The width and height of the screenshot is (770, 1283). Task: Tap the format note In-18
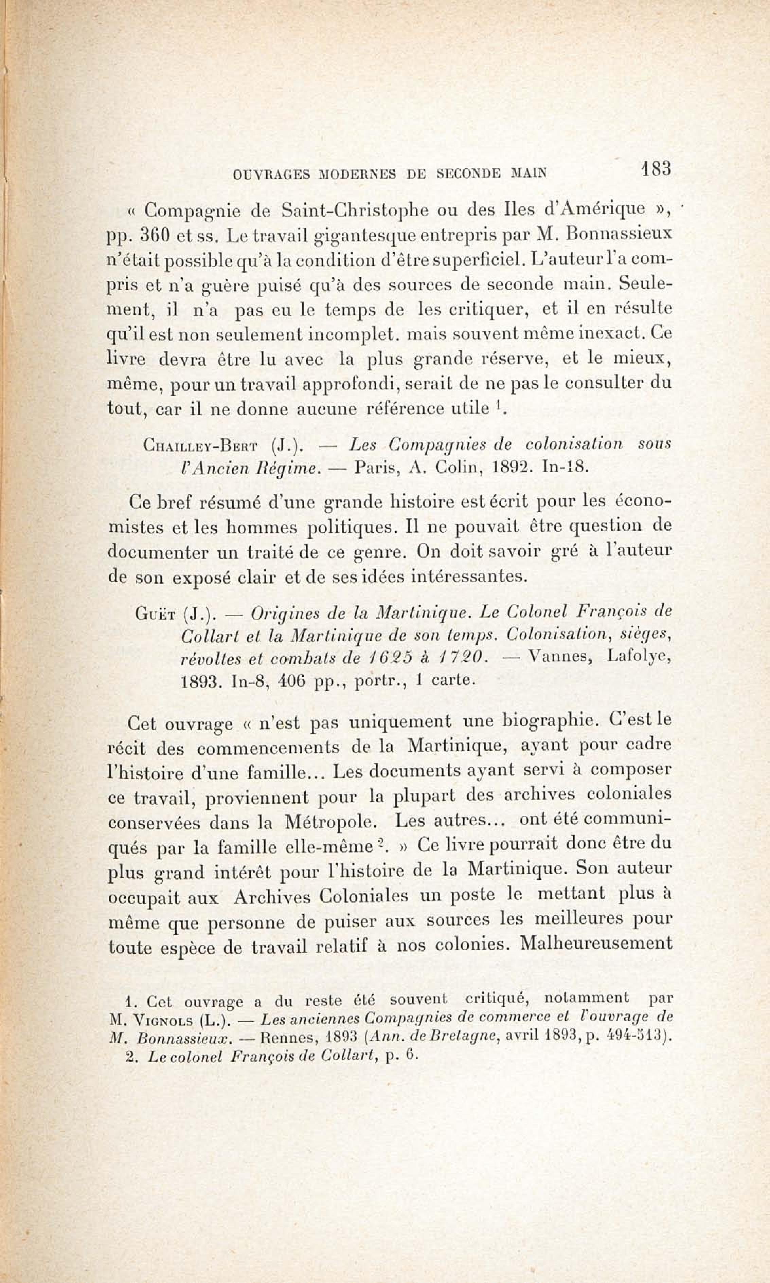click(565, 468)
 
